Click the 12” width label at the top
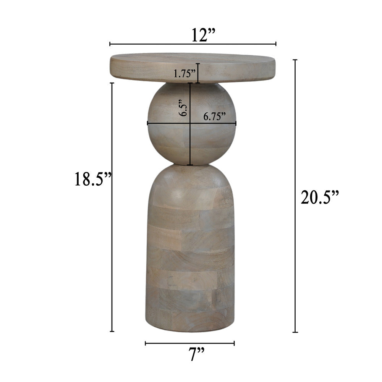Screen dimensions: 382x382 [204, 35]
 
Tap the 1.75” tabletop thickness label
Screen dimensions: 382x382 [185, 74]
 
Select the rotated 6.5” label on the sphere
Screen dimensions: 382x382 [183, 108]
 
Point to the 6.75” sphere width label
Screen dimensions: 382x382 [215, 117]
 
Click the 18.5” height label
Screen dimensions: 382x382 [93, 179]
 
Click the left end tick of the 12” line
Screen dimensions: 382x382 [110, 44]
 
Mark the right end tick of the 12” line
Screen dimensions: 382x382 [275, 44]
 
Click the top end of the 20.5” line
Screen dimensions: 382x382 [295, 60]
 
